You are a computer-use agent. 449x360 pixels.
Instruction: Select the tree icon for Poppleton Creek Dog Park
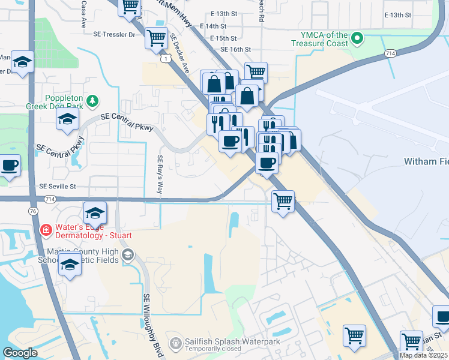click(92, 100)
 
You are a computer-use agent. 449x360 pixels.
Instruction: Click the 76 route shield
click(32, 211)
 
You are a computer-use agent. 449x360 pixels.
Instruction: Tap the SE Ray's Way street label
click(160, 174)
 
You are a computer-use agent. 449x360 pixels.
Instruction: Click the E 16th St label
click(235, 49)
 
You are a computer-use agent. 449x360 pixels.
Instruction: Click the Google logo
click(20, 353)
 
